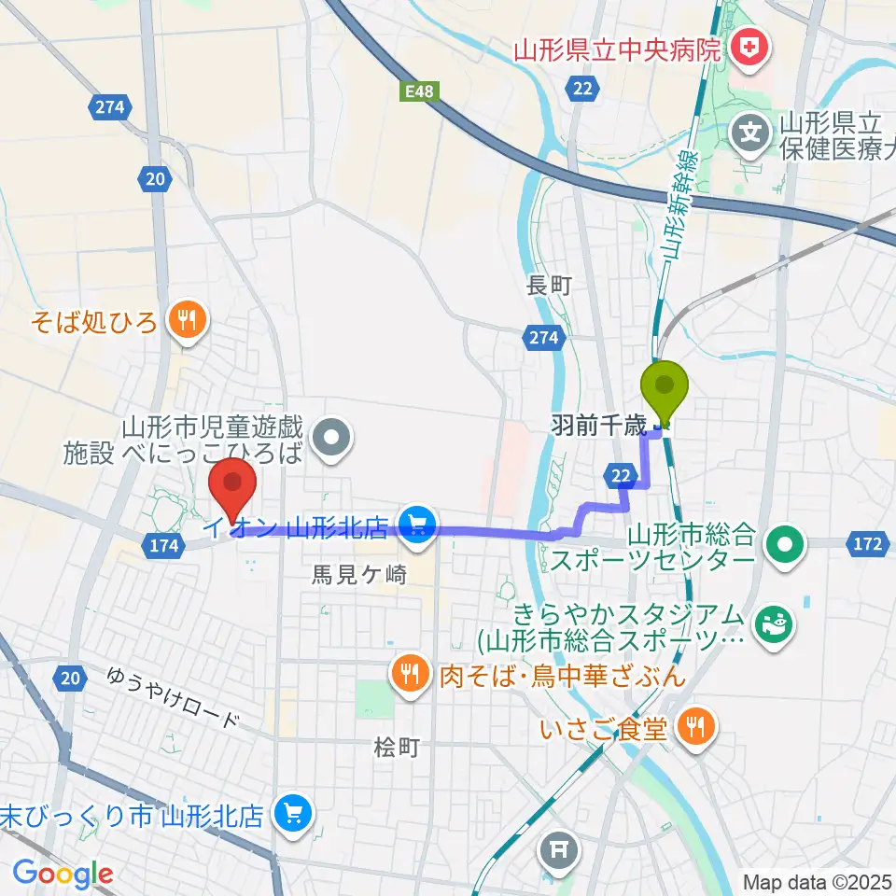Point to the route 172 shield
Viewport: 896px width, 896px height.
tap(867, 543)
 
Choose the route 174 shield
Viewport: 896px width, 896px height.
tap(162, 547)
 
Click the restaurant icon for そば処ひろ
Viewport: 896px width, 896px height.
tap(187, 322)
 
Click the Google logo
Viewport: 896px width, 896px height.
tap(63, 875)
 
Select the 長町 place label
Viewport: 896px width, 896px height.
tap(548, 286)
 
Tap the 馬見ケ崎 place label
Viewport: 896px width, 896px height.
tap(359, 576)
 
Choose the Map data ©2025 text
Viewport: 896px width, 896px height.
tap(818, 882)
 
